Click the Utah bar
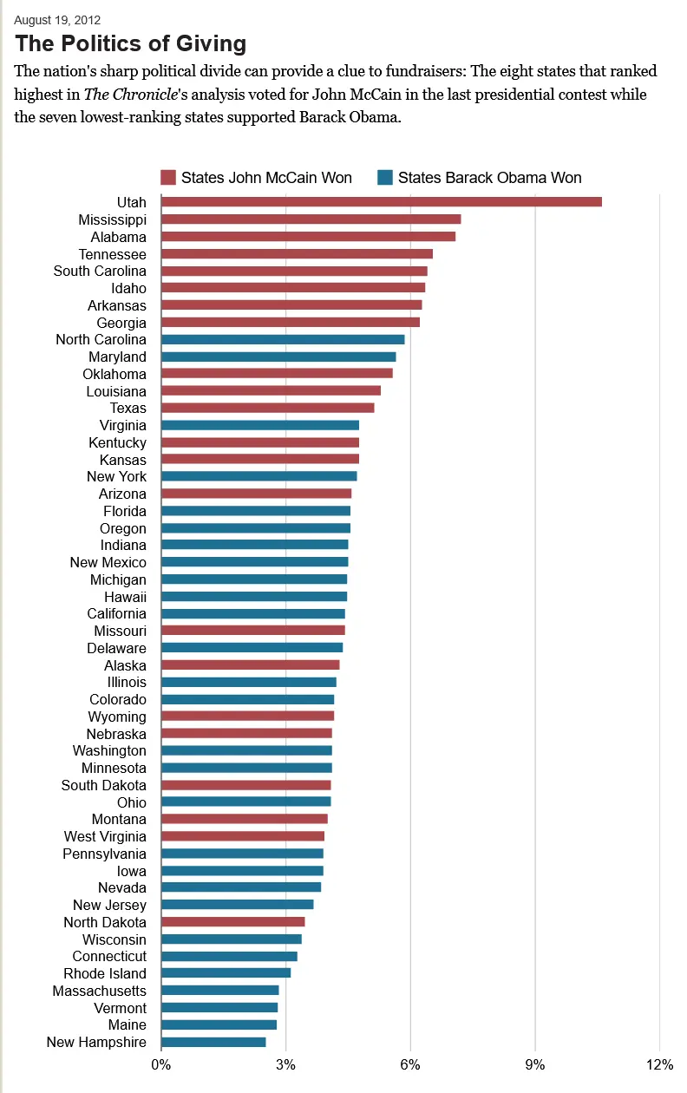(382, 202)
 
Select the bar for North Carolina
(283, 339)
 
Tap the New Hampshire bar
(213, 1042)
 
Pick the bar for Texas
(268, 408)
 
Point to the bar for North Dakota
(233, 922)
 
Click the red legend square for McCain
(168, 178)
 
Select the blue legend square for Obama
(385, 178)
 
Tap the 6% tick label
(410, 1064)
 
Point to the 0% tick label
(161, 1064)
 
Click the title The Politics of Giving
(131, 44)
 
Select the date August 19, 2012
(57, 19)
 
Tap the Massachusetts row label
(99, 991)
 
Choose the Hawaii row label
(125, 597)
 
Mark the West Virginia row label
(105, 836)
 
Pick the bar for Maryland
(278, 357)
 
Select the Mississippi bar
(311, 219)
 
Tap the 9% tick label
(535, 1064)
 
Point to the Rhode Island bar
(226, 973)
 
